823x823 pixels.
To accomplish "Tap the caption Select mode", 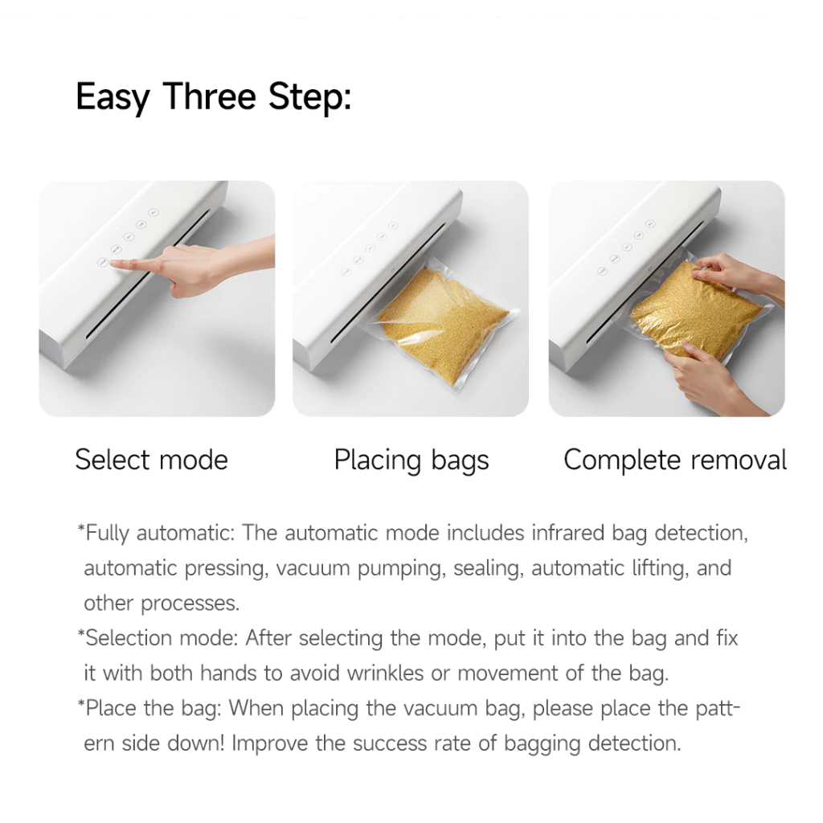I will coord(151,460).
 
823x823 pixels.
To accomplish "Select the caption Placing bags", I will coord(411,461).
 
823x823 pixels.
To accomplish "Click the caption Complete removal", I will coord(674,460).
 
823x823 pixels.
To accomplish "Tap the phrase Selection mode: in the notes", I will coord(159,638).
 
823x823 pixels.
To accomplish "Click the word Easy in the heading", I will coord(113,97).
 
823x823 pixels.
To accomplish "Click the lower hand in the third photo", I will coord(707,378).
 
